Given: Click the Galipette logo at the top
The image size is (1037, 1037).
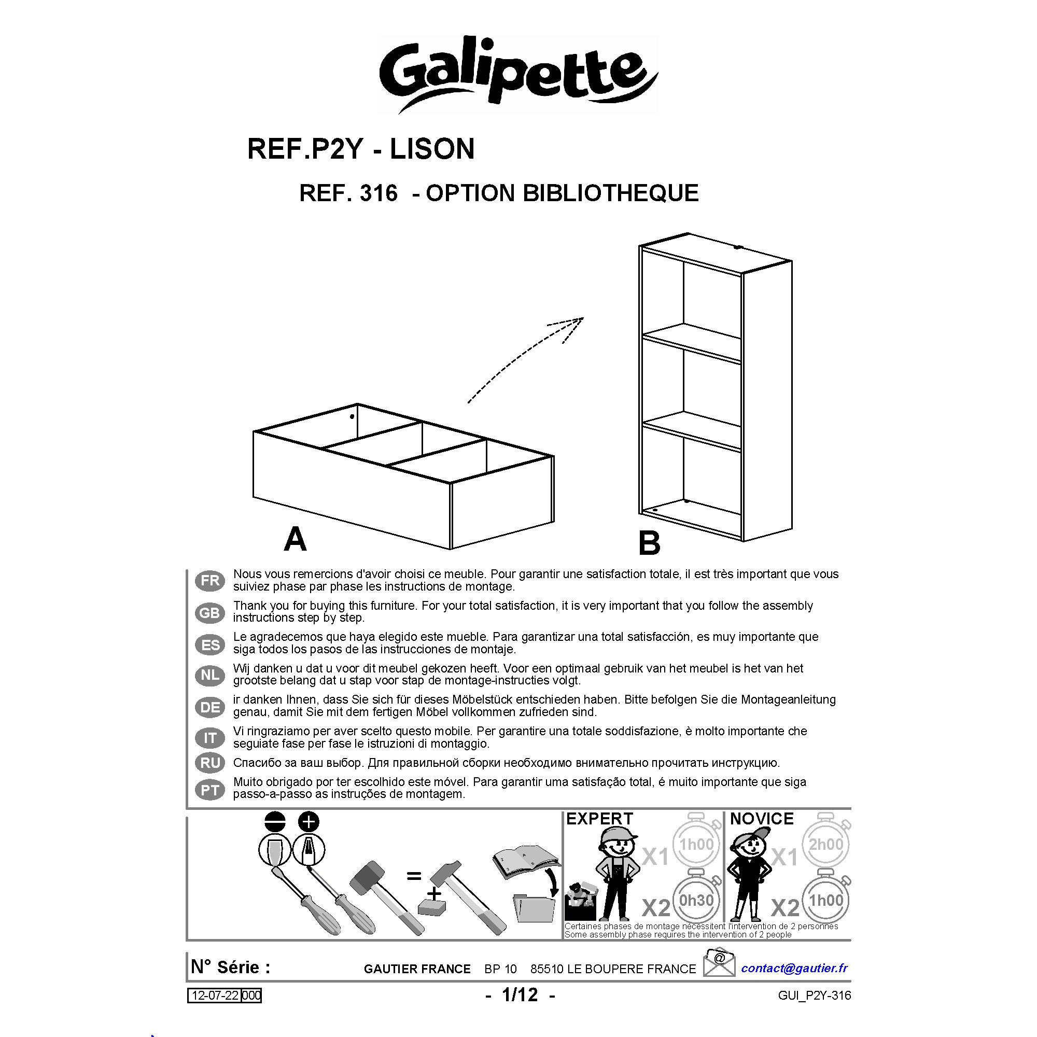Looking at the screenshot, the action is tap(518, 75).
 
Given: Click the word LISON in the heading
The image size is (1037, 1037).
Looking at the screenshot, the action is tap(432, 149).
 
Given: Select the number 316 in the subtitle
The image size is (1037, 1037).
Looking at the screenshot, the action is tap(379, 193).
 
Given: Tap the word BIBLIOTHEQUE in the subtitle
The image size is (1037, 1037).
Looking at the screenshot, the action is tap(611, 193).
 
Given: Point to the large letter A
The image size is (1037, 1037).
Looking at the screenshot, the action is tap(295, 539).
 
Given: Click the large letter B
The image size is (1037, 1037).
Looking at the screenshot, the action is tap(649, 543).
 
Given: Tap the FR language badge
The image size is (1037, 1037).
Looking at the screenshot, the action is tap(210, 580).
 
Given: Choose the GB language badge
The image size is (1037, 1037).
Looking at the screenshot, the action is tap(210, 612).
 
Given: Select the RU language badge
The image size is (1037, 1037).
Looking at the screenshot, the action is tap(210, 763).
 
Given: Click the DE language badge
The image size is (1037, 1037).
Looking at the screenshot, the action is tap(210, 707).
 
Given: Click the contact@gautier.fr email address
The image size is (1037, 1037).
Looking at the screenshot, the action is tap(794, 968).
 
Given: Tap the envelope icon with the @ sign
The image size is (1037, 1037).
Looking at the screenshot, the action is tap(719, 962).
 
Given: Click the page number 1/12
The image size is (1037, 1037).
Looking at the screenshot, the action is tap(520, 994).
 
